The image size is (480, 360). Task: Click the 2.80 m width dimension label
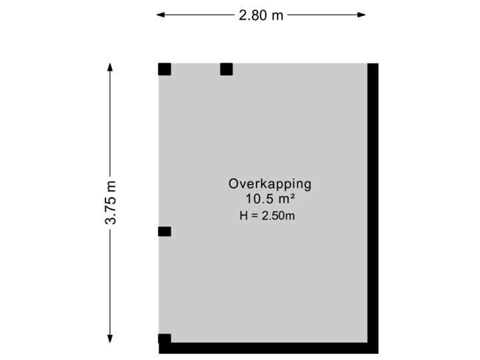pos(261,15)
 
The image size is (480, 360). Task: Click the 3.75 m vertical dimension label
pos(110,203)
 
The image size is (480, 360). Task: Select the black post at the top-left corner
pos(164,69)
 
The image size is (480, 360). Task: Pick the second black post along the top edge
pos(226,69)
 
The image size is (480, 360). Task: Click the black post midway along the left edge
pos(164,231)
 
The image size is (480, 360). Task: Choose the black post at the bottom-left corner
pos(164,339)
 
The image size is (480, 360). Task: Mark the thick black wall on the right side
pos(373,200)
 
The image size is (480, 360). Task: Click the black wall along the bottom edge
pos(267,348)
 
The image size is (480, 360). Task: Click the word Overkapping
pos(270,184)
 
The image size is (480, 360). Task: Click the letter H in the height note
pos(243,215)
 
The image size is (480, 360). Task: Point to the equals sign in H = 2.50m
pos(255,215)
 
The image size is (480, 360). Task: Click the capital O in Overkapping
pos(233,184)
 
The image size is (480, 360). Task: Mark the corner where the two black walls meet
pos(373,348)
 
